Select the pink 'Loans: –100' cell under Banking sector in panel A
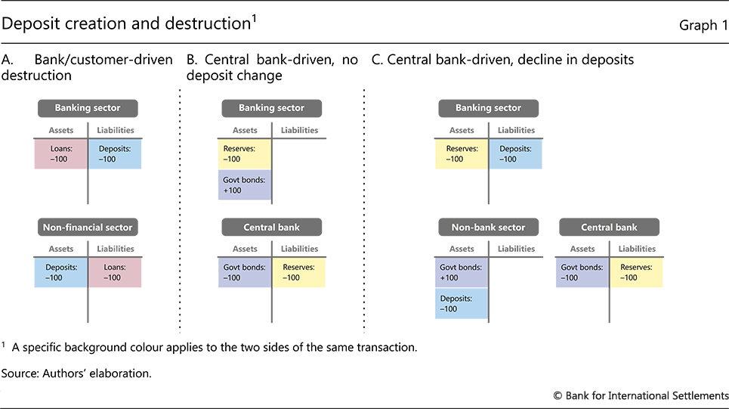(x=61, y=153)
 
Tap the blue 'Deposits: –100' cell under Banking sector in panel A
(x=115, y=153)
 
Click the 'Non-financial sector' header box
(x=88, y=226)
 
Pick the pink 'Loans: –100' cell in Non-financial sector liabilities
(x=115, y=272)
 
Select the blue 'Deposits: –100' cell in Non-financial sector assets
(x=61, y=272)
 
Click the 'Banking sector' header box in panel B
(x=271, y=108)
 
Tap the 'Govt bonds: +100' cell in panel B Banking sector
(x=246, y=184)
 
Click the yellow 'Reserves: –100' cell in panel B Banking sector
(x=246, y=153)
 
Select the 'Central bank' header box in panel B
(x=271, y=227)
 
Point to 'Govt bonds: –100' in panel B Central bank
(x=246, y=272)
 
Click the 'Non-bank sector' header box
(x=488, y=227)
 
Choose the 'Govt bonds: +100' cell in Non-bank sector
(x=462, y=272)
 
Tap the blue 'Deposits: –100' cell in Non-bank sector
(x=462, y=303)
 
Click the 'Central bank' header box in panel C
(x=609, y=227)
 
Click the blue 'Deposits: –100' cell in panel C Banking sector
(x=515, y=153)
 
